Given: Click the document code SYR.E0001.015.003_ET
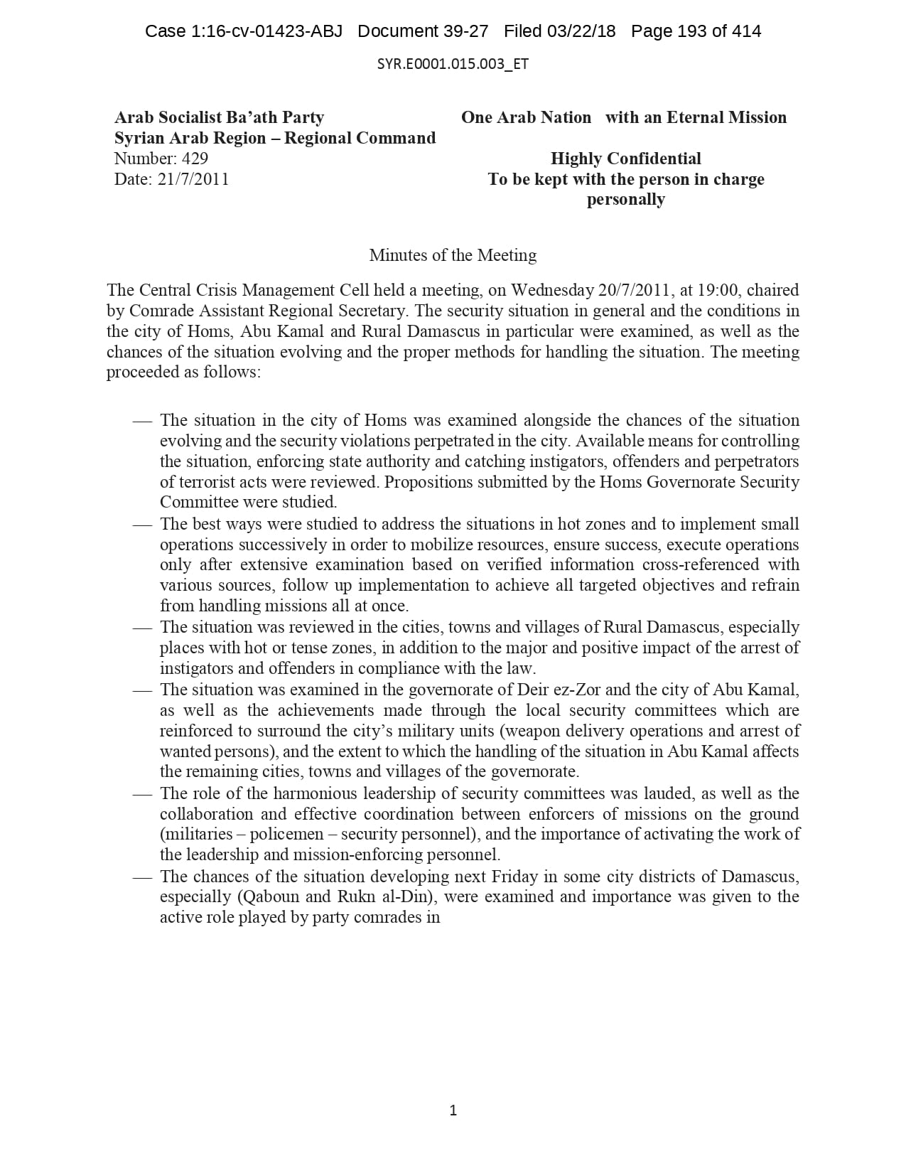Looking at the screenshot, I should click(x=453, y=64).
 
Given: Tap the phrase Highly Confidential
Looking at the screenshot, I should click(x=625, y=159).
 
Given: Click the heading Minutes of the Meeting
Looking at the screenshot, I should click(x=453, y=255).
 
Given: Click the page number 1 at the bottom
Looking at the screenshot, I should click(x=453, y=1110).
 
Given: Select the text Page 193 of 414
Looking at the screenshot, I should click(x=696, y=31).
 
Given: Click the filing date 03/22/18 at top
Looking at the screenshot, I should click(x=582, y=31).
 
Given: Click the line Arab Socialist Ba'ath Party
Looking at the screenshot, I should click(x=219, y=117).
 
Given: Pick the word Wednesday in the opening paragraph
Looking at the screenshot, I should click(x=551, y=290).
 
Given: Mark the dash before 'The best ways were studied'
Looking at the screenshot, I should click(x=142, y=525).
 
